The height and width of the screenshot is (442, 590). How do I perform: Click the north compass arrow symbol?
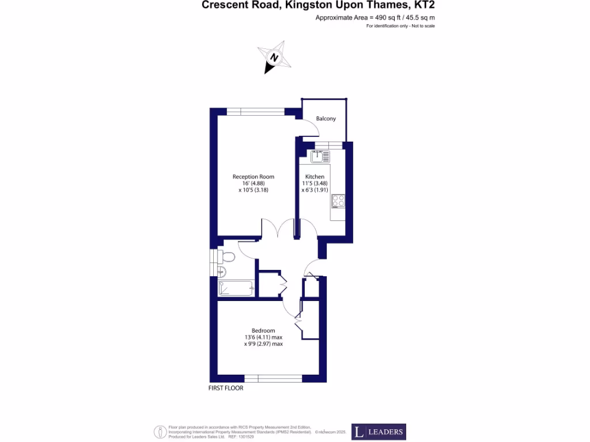click(274, 58)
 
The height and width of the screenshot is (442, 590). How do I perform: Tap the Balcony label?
click(326, 119)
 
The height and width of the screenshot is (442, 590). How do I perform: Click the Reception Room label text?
click(253, 177)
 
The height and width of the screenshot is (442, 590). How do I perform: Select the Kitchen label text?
click(315, 177)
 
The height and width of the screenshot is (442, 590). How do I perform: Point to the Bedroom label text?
click(263, 330)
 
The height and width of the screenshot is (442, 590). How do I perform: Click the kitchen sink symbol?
click(320, 155)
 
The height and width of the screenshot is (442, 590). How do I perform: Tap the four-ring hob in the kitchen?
click(338, 201)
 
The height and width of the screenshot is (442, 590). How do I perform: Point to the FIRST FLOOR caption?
click(226, 388)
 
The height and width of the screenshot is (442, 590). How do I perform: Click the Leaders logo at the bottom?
click(379, 432)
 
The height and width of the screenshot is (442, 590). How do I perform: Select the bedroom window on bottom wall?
click(273, 378)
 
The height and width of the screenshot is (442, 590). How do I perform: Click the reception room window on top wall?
click(255, 112)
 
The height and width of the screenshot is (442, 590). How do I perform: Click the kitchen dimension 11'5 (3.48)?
click(315, 184)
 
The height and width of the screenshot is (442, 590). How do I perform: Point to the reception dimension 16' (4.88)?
click(253, 184)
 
